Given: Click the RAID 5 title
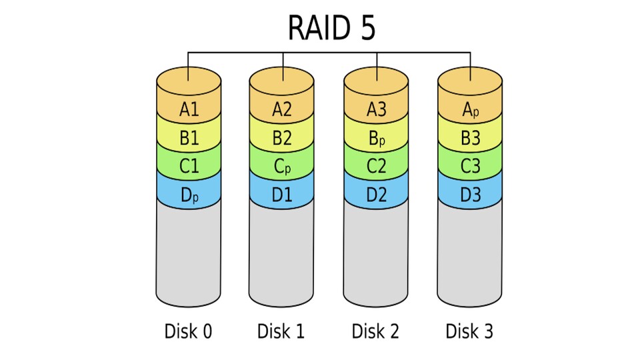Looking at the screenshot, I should pos(331,28).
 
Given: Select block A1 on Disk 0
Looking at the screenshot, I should pos(189,109).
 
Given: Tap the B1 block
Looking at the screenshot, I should pos(189,139).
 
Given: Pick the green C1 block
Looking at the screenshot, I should pos(189,167).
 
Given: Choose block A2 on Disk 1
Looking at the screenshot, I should pos(282,109).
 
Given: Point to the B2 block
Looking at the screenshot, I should pos(282,139).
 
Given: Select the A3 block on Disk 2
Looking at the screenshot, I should pos(376,109).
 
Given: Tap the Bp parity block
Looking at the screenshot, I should pos(376,139).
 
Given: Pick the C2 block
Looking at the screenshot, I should pos(376,167).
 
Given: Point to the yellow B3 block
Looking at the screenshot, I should pos(470,139).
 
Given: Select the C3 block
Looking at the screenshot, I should pos(470,167).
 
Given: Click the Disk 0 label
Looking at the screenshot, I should pos(189,331).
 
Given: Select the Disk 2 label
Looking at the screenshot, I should pos(376,331).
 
